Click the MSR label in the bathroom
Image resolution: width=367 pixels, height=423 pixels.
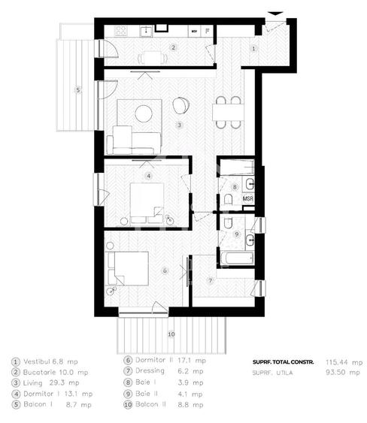(x=247, y=199)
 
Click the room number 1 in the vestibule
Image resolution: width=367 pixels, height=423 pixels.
(x=253, y=48)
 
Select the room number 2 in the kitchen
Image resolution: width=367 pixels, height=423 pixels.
(x=173, y=48)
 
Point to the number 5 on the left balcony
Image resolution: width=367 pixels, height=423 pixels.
(x=77, y=90)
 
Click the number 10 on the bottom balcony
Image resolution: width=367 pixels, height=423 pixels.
(x=171, y=333)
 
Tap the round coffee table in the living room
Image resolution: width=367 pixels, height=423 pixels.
(x=143, y=113)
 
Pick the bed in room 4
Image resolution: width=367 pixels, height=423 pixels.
(x=147, y=200)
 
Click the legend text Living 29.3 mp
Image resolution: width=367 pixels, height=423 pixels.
(x=47, y=382)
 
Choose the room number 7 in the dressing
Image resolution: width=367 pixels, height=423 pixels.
(x=211, y=281)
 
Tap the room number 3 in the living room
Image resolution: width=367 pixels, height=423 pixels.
(x=179, y=125)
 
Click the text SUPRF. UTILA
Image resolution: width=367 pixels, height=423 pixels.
(x=271, y=372)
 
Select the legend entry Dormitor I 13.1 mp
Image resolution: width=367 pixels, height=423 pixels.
(x=53, y=392)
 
